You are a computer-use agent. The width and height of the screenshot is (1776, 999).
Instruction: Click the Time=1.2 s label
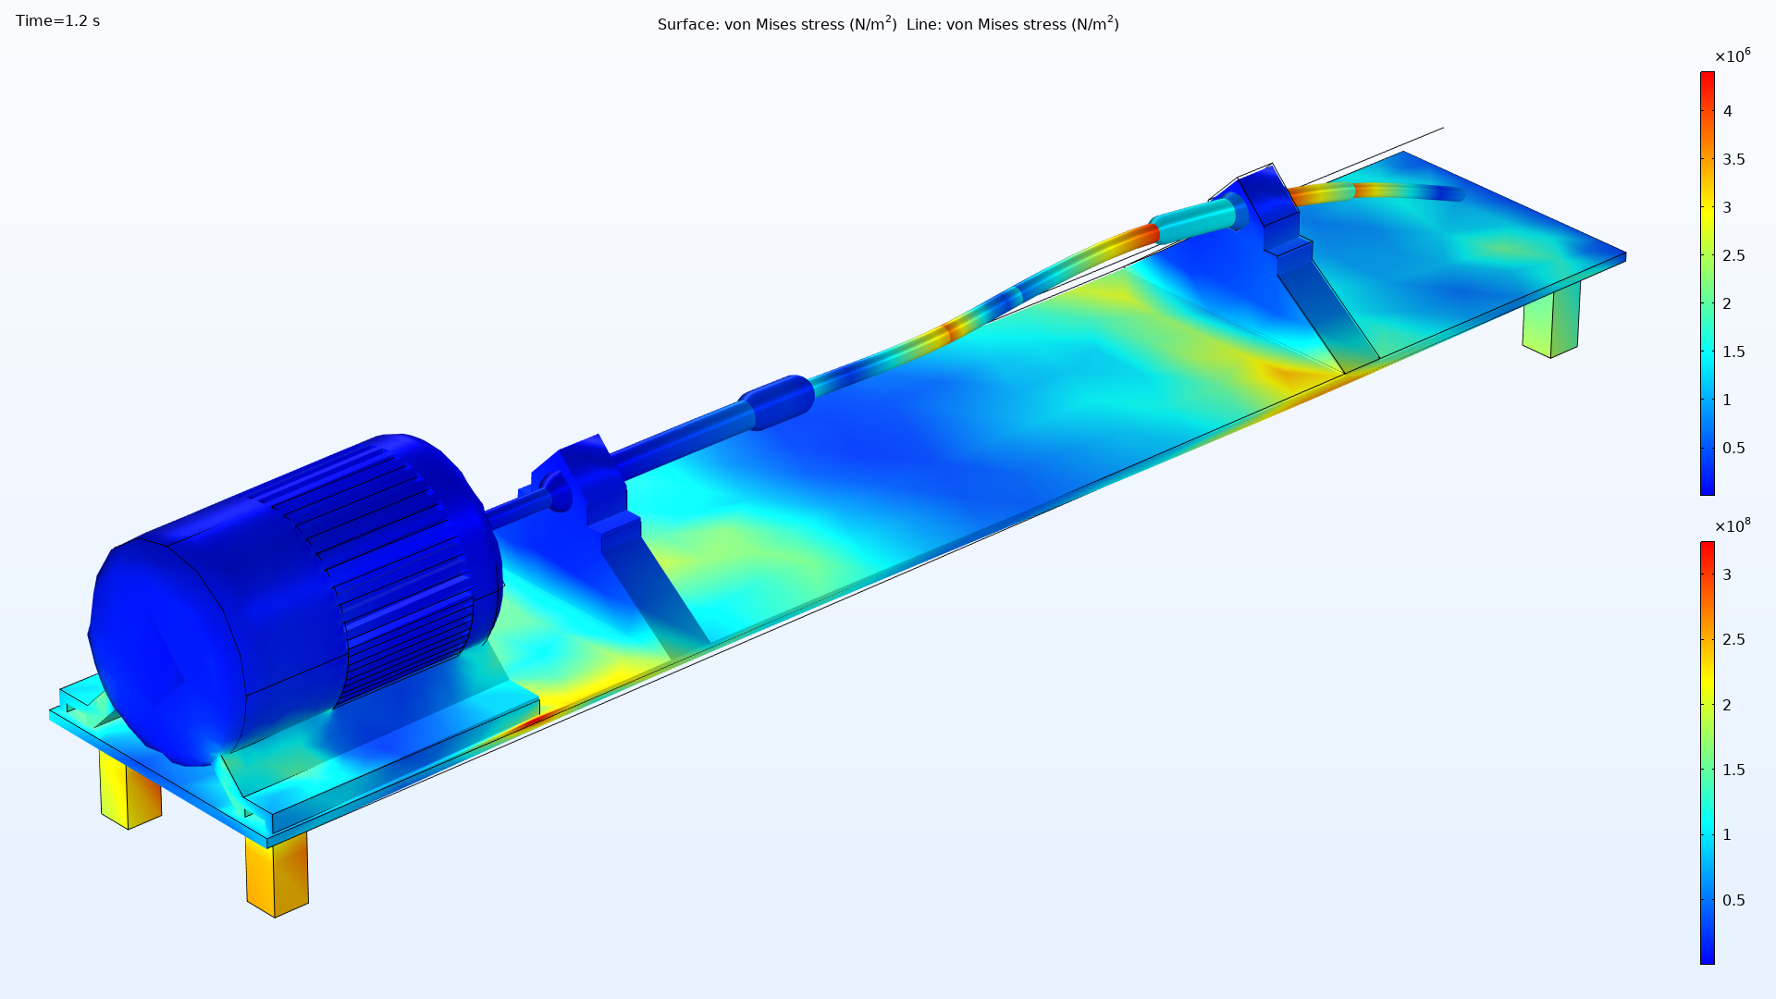coord(57,21)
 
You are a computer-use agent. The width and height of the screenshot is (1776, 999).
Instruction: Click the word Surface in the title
coord(686,25)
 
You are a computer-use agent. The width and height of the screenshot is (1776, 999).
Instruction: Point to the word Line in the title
coord(922,25)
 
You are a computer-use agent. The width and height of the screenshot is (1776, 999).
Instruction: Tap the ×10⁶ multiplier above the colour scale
coord(1733,56)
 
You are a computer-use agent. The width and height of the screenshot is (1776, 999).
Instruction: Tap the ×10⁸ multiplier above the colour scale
coord(1733,525)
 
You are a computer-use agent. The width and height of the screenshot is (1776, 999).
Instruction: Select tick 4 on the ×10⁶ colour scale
coord(1727,111)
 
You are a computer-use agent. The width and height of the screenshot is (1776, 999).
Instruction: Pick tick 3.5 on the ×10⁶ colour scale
coord(1733,159)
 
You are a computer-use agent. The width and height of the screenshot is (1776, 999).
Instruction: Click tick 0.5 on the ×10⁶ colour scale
coord(1733,448)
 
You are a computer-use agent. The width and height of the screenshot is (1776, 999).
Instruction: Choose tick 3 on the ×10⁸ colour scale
coord(1727,574)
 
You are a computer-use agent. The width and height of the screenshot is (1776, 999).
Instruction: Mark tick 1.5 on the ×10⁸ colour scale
coord(1733,770)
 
